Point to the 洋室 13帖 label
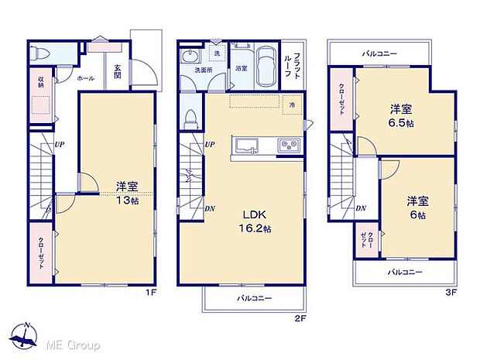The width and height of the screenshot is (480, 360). (x=126, y=193)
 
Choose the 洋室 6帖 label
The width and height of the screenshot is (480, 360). (x=419, y=207)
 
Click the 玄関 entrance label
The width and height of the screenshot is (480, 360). (x=118, y=71)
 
